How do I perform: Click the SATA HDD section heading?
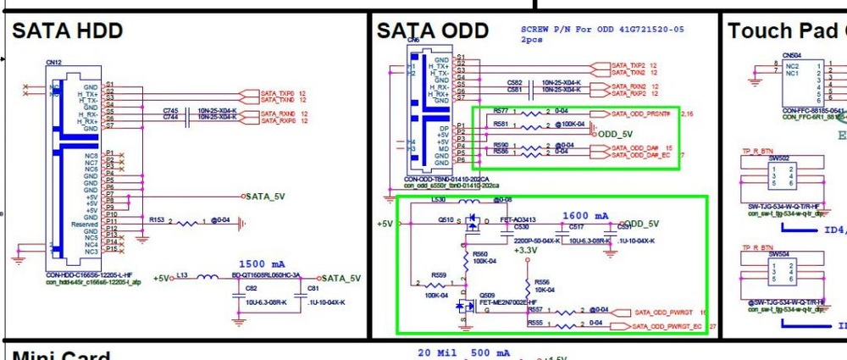point(68,31)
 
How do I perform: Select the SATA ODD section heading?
point(433,31)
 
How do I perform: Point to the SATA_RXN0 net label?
point(278,113)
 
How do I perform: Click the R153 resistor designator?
point(157,219)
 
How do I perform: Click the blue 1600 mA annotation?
point(585,217)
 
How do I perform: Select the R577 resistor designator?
point(501,111)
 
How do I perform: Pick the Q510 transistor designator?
point(446,219)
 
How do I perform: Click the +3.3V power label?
point(525,250)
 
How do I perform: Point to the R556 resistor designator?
point(543,282)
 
